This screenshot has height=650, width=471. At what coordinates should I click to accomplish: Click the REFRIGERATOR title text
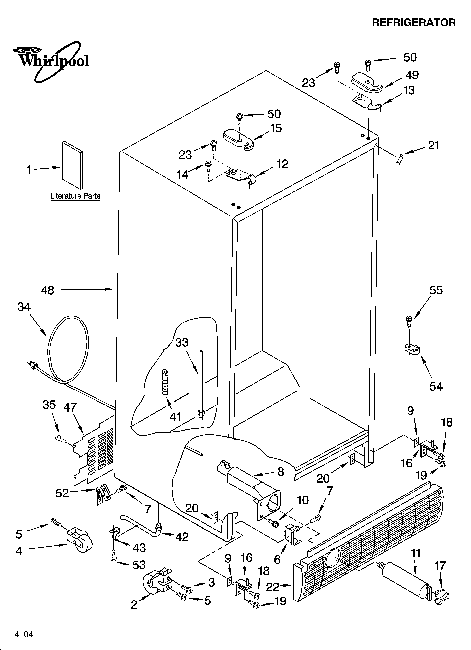tap(414, 23)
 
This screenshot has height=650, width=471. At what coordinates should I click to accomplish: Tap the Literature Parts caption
tap(75, 196)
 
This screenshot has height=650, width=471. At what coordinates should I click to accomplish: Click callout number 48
tap(48, 290)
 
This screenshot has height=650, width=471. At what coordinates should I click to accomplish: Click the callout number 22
tap(272, 587)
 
